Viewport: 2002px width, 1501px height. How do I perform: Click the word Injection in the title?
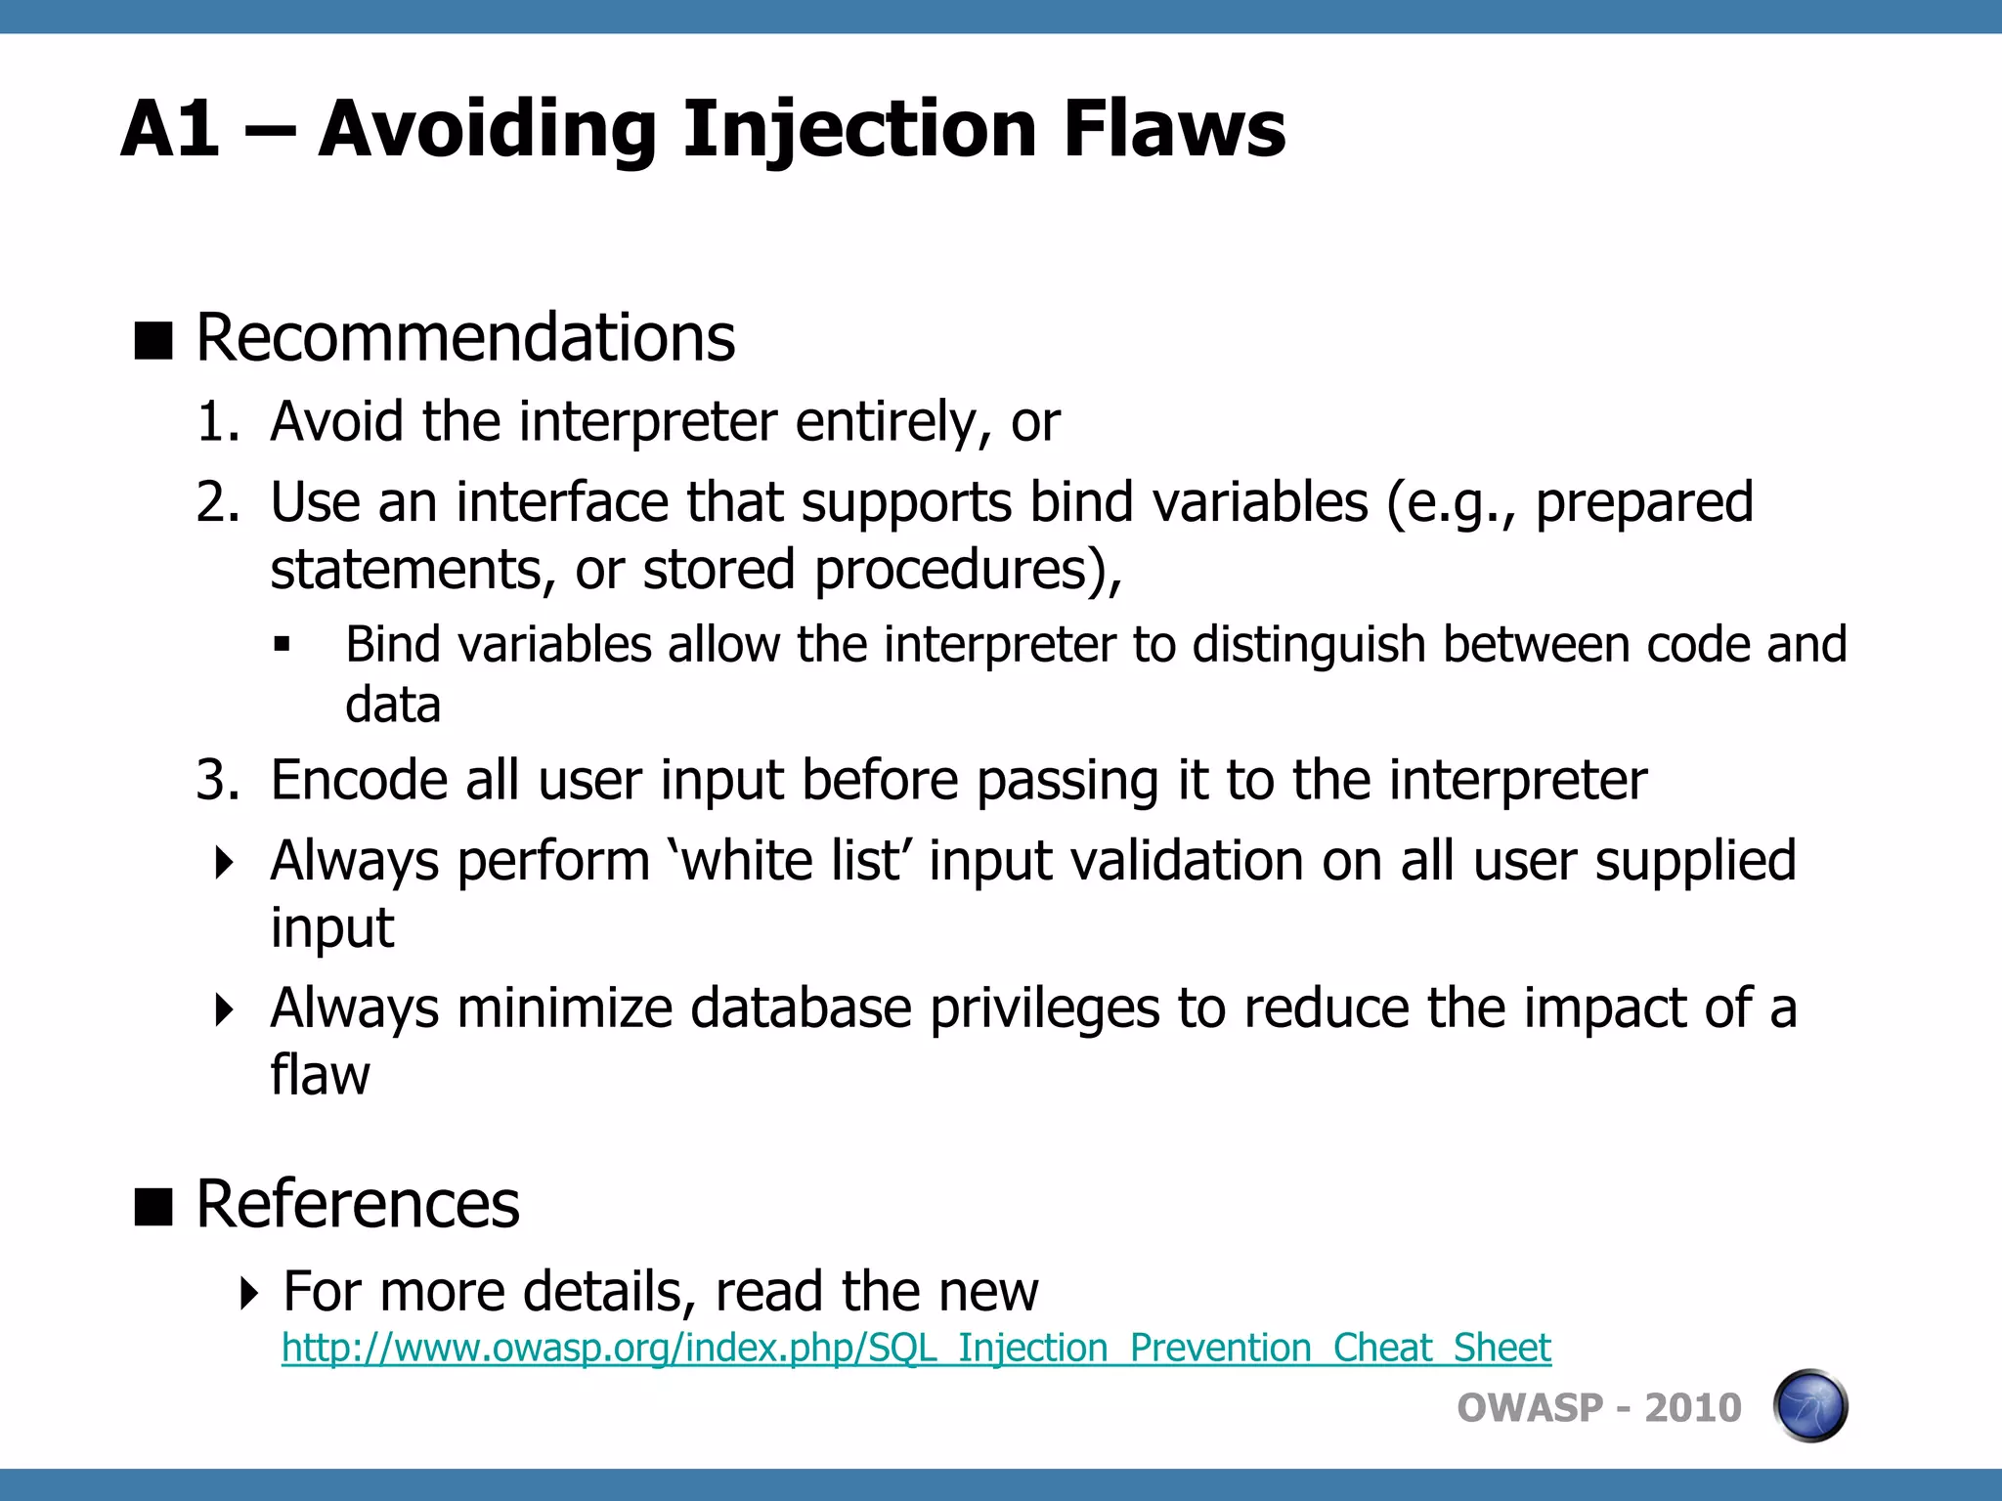(858, 130)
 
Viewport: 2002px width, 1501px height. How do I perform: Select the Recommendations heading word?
(465, 338)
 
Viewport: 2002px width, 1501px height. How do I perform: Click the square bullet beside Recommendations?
(153, 340)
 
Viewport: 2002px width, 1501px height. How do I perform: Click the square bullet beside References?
(153, 1206)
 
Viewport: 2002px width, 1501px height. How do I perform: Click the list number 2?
(216, 503)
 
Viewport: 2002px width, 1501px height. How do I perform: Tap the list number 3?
(216, 781)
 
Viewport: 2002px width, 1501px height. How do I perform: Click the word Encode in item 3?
(358, 781)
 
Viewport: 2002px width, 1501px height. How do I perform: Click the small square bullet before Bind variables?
(283, 644)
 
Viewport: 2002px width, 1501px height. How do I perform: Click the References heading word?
(358, 1204)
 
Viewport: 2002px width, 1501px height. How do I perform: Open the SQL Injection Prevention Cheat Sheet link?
(915, 1348)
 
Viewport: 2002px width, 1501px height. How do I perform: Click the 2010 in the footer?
(1692, 1408)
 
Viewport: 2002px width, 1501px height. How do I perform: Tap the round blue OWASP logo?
(1809, 1406)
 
